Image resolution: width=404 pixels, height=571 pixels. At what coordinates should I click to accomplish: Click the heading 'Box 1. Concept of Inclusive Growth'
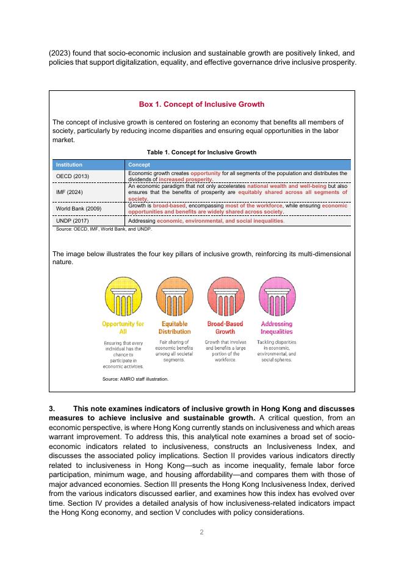tap(201, 104)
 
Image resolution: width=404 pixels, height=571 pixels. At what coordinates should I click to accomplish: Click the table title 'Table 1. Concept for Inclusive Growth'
tap(201, 152)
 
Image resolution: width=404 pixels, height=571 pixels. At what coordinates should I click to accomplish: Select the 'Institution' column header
tap(69, 165)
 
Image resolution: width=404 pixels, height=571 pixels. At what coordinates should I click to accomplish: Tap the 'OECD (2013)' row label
tap(72, 176)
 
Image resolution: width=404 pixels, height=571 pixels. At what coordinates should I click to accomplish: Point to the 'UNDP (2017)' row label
tap(72, 220)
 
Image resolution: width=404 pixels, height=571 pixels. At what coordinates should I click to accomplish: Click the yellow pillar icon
tap(123, 296)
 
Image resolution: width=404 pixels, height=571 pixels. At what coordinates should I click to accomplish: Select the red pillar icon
tap(225, 296)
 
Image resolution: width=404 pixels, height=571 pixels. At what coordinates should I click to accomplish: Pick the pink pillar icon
tap(276, 296)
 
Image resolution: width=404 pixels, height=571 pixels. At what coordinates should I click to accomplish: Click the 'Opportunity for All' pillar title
tap(123, 328)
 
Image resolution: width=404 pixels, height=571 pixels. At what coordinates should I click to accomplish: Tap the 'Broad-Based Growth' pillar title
tap(225, 328)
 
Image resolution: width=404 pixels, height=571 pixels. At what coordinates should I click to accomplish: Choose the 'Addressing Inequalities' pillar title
tap(276, 328)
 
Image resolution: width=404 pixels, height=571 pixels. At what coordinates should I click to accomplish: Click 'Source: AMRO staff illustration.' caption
tap(135, 379)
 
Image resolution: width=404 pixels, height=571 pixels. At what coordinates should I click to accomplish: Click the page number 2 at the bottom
tap(201, 532)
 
